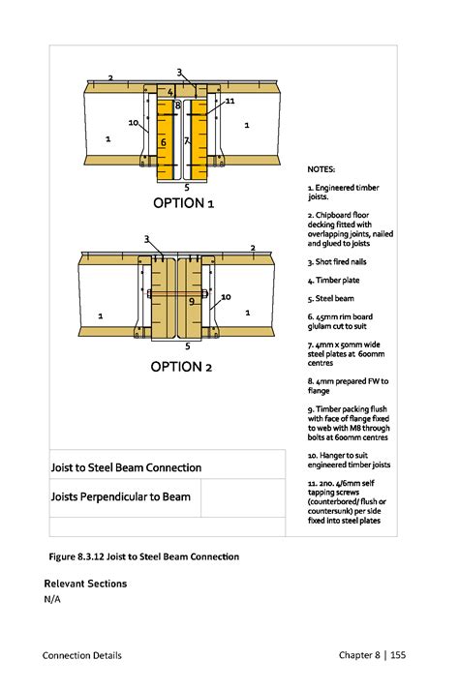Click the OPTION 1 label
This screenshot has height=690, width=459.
pyautogui.click(x=183, y=203)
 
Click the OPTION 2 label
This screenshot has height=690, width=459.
pyautogui.click(x=181, y=367)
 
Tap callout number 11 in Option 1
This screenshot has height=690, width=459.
pyautogui.click(x=229, y=102)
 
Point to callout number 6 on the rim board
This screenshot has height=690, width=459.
pyautogui.click(x=164, y=142)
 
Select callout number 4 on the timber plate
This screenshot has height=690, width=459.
pyautogui.click(x=170, y=92)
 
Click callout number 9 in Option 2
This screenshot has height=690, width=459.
pyautogui.click(x=192, y=301)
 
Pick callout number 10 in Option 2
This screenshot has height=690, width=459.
pyautogui.click(x=226, y=297)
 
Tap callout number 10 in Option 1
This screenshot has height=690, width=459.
pyautogui.click(x=133, y=123)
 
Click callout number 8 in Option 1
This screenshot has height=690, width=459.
pyautogui.click(x=178, y=105)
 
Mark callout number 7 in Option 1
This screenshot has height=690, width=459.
pyautogui.click(x=186, y=141)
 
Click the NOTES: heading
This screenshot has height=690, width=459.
pyautogui.click(x=321, y=169)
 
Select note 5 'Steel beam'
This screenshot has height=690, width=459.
pyautogui.click(x=331, y=298)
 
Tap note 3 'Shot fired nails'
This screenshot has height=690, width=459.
pyautogui.click(x=337, y=262)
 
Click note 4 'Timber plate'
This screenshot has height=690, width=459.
pyautogui.click(x=333, y=281)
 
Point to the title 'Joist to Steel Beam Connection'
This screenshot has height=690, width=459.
pyautogui.click(x=126, y=467)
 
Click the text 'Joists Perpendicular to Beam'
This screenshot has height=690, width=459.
pyautogui.click(x=121, y=496)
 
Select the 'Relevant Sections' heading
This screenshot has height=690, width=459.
pyautogui.click(x=85, y=584)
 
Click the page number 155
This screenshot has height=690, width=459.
pyautogui.click(x=398, y=655)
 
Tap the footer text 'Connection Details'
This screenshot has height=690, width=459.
pyautogui.click(x=82, y=655)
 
